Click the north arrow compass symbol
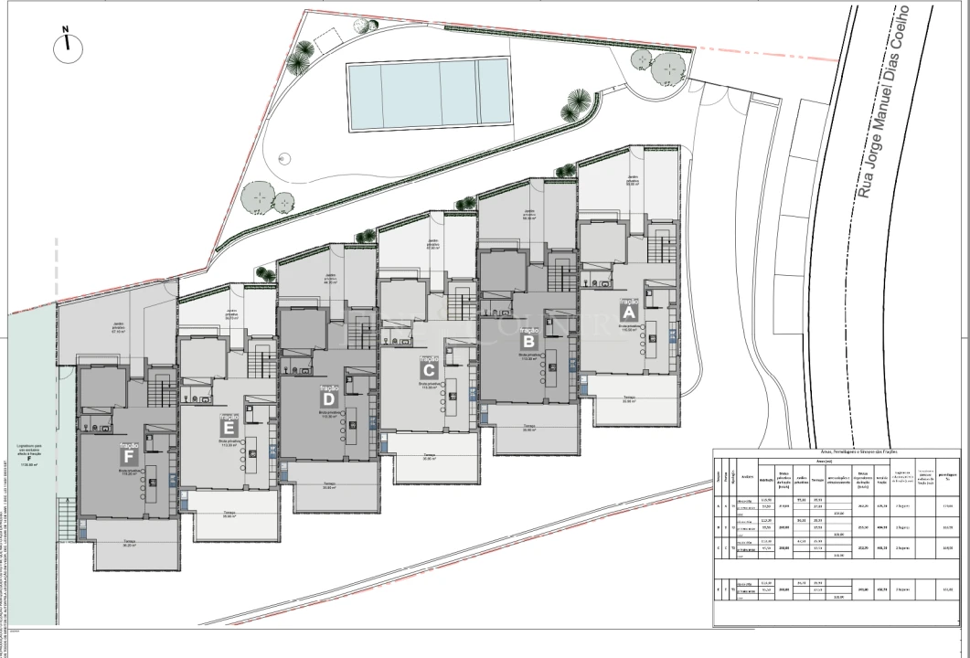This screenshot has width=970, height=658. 66,46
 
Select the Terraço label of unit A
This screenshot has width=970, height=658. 629,398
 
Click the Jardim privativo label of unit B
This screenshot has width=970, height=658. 529,216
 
